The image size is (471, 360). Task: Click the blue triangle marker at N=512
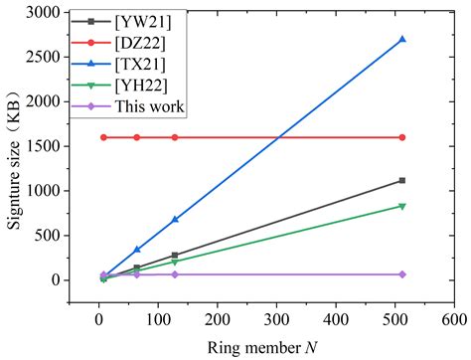tap(401, 40)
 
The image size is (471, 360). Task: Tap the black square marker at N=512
tap(401, 180)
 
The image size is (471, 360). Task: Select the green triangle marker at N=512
tap(401, 206)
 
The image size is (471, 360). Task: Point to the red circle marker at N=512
tap(401, 137)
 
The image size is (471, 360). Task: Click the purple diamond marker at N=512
tap(401, 274)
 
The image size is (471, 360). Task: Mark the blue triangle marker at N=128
tap(175, 219)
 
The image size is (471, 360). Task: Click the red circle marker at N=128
tap(175, 137)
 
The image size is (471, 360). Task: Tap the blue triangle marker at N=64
tap(137, 250)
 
